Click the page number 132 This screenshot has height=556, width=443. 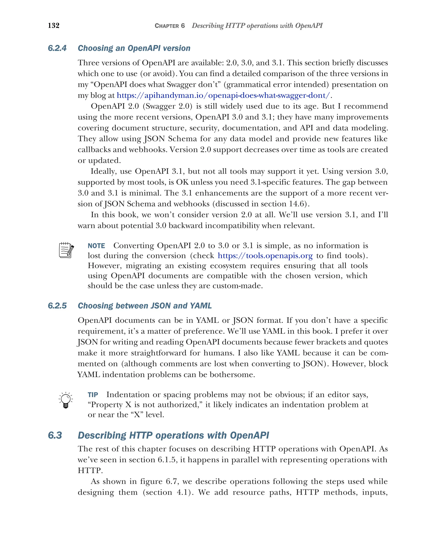(54, 25)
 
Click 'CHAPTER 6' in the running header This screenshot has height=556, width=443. (170, 26)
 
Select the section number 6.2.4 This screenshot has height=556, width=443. (57, 48)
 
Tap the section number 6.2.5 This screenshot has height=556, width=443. (57, 306)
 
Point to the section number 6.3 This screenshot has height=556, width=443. (55, 435)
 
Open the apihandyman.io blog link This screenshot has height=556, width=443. (223, 95)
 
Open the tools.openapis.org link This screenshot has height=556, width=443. (265, 256)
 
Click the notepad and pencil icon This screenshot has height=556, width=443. (66, 250)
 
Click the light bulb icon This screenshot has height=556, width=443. (66, 400)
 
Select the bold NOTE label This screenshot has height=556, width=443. (96, 246)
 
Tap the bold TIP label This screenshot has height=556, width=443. (93, 395)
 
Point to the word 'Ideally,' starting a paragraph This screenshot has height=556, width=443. (103, 171)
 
